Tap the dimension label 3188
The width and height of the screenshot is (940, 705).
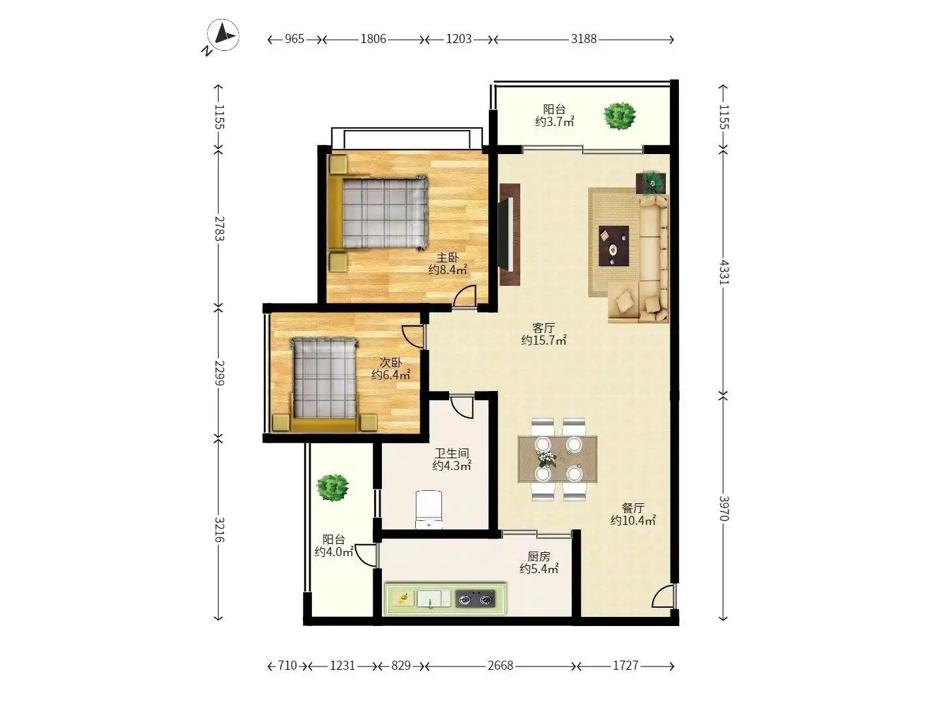click(584, 39)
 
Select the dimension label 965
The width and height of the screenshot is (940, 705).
click(294, 39)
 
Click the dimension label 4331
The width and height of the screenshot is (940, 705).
click(724, 272)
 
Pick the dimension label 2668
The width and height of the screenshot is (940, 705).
click(501, 665)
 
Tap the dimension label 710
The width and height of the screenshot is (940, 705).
click(287, 665)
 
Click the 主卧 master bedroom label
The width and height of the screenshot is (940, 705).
click(448, 258)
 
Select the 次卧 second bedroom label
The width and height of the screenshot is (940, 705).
click(390, 362)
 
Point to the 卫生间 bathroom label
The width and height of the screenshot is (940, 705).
click(452, 453)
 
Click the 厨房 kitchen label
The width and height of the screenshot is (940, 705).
click(539, 556)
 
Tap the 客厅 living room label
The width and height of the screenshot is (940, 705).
click(544, 328)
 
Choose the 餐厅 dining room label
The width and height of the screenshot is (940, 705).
click(633, 508)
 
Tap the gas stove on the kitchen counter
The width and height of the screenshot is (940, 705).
click(475, 599)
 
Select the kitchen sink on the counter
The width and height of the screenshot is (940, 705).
click(433, 599)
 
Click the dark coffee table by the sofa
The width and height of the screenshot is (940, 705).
click(613, 246)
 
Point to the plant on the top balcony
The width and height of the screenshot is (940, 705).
click(619, 116)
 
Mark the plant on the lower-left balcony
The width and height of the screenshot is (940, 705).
click(332, 487)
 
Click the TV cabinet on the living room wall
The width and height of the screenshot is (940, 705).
click(510, 234)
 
